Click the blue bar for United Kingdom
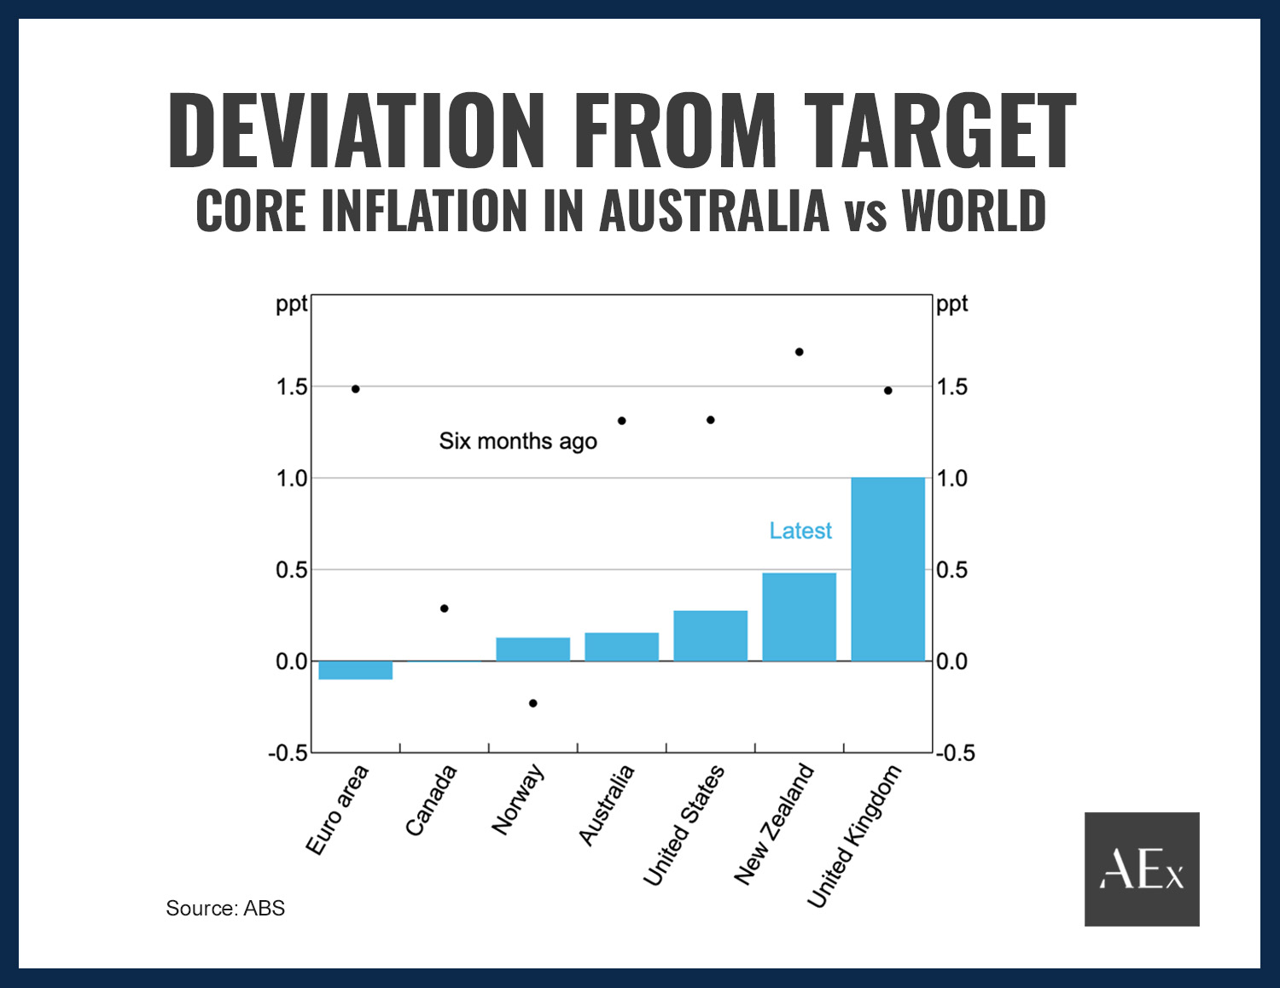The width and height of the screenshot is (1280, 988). pos(887,569)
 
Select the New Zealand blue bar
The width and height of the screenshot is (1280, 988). pos(799,617)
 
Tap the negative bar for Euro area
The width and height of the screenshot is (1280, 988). pos(355,670)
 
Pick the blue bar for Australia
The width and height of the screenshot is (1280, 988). pos(621,647)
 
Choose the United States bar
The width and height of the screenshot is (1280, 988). pos(710,636)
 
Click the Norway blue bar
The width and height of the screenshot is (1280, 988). pos(532,649)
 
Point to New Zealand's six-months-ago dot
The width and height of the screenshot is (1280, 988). pos(800,352)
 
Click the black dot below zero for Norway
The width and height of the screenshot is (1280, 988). pos(533,703)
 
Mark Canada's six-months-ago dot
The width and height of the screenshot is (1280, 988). pos(444,608)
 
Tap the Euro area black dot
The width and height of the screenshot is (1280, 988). pos(356,388)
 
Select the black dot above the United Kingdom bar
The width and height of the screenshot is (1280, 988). pos(888,390)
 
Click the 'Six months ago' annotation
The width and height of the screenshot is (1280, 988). pos(517,441)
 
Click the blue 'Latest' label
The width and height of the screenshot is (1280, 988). pos(800,531)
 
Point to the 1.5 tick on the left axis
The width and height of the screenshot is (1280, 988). pos(291,386)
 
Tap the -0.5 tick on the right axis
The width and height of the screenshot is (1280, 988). pos(955,753)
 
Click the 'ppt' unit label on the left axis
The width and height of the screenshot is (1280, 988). pos(290,304)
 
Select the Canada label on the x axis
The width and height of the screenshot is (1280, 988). pos(431,800)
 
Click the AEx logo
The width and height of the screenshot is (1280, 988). pos(1142,869)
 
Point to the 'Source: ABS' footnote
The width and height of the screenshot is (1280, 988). pos(225,908)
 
